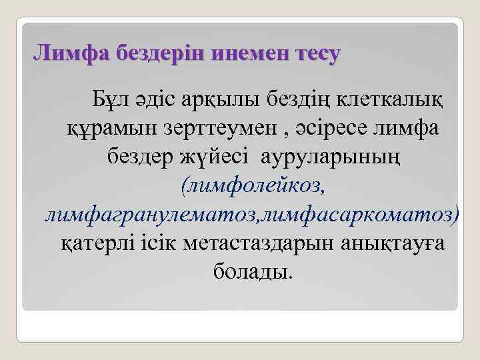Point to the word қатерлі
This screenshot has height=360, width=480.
click(99, 245)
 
